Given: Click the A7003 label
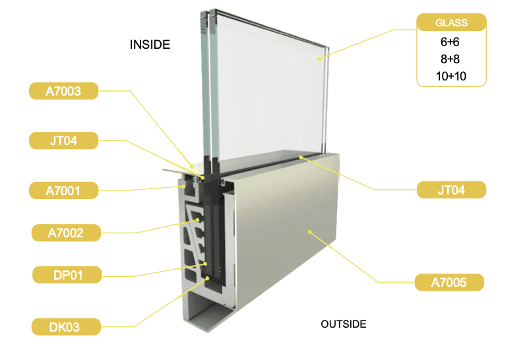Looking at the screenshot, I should click(64, 91).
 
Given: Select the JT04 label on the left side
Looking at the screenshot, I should click(64, 140).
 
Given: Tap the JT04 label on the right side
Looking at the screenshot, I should click(451, 190).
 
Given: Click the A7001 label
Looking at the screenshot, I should click(64, 191).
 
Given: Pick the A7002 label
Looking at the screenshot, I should click(66, 232).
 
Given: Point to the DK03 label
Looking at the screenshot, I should click(66, 326).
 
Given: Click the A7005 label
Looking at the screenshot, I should click(449, 283).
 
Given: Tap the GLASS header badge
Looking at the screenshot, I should click(451, 22).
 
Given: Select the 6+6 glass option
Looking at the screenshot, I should click(451, 42).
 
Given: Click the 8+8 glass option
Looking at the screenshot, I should click(451, 59).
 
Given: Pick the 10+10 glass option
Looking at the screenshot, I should click(451, 76).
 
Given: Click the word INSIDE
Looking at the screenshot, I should click(150, 45).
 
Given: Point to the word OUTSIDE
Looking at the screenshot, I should click(343, 324).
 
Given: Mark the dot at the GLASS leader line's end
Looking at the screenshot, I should click(319, 59).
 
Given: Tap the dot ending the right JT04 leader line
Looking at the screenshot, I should click(301, 156).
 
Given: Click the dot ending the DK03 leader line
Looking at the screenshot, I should click(209, 278).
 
